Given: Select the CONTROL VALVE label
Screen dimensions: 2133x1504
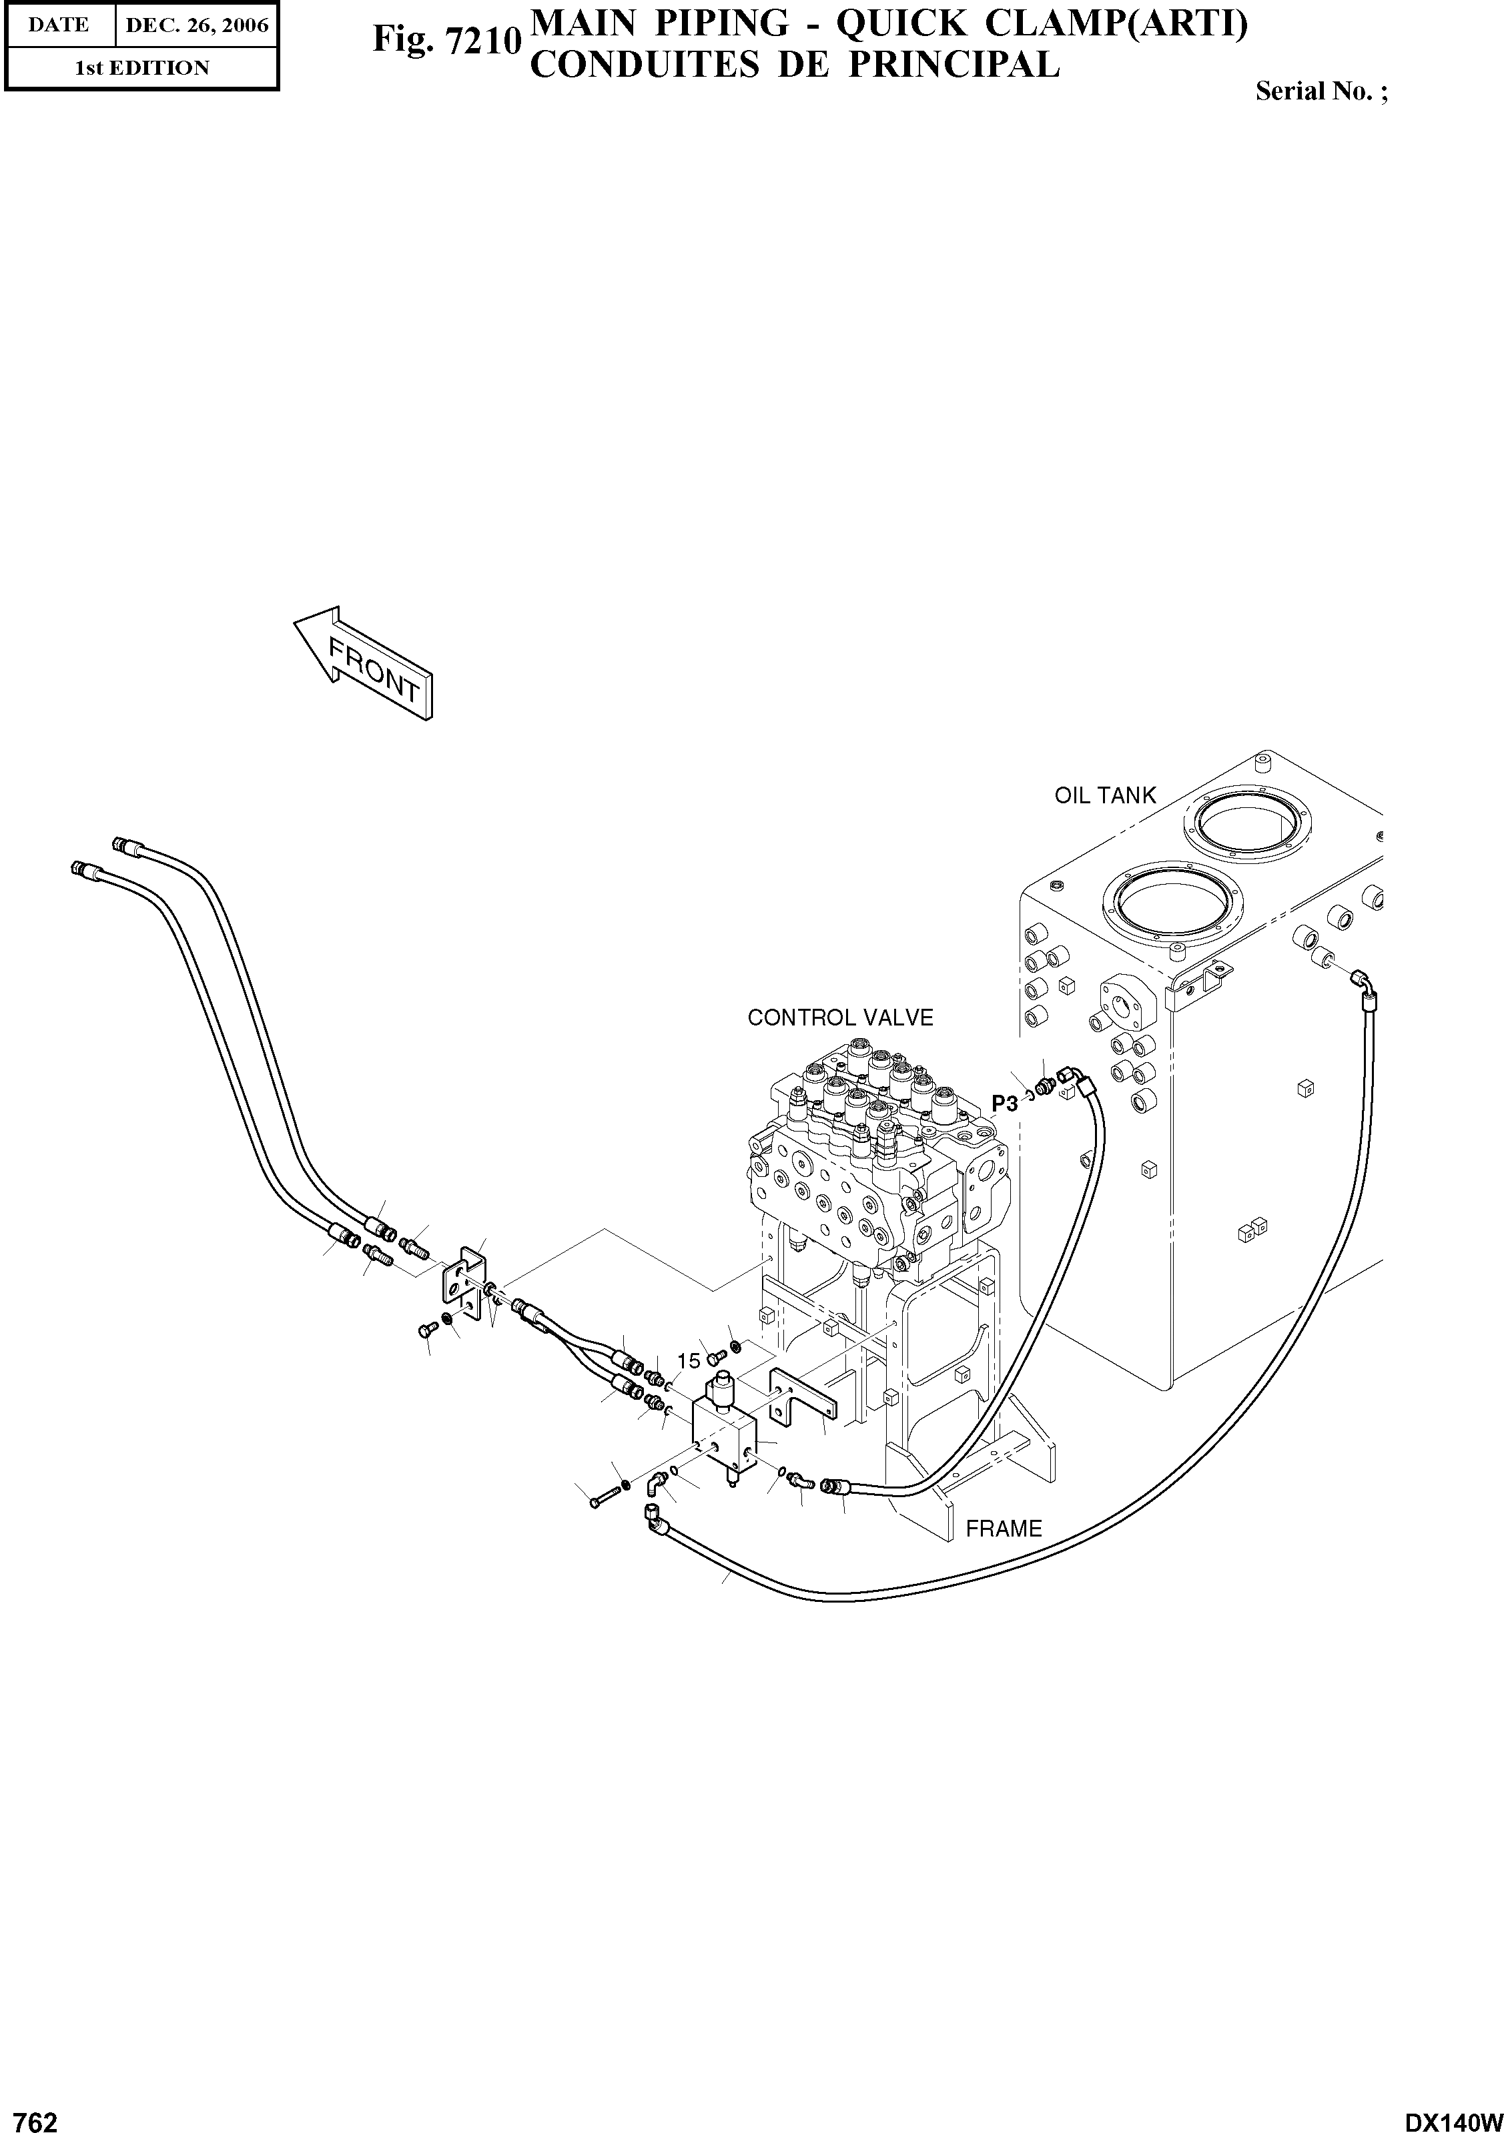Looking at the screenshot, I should coord(840,1017).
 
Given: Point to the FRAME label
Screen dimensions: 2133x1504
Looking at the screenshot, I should coord(1004,1529).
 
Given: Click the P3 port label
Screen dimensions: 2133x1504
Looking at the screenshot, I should coord(1004,1104).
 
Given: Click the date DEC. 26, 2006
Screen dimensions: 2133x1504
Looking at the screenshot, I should coord(197,26).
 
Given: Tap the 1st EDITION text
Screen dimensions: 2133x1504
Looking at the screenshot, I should coord(141,68).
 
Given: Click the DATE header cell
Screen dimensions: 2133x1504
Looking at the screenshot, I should coord(59,26).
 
